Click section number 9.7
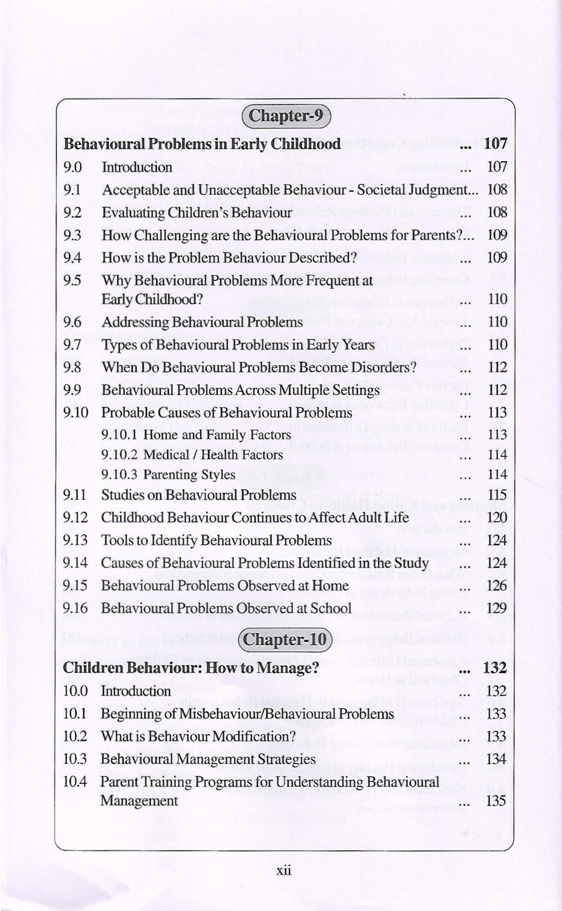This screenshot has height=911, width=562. (x=72, y=345)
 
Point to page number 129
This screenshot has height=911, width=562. (x=497, y=609)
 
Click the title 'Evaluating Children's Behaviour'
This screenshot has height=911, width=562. (x=197, y=212)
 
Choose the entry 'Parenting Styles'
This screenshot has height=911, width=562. (x=189, y=475)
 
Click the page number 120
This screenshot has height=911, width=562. (x=497, y=518)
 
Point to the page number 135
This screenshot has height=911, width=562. (x=496, y=801)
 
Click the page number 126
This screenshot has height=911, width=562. (x=497, y=586)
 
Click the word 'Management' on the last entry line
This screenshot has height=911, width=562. (x=139, y=801)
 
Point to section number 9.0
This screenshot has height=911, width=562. (x=73, y=167)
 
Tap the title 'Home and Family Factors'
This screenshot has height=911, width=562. (x=217, y=435)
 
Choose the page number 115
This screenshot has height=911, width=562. (x=497, y=495)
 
